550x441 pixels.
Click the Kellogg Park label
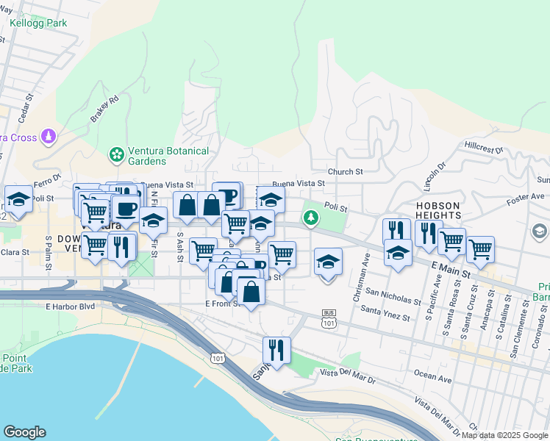(x=38, y=23)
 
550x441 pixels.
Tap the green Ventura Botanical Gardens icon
(x=115, y=155)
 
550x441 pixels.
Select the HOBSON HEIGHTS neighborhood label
(x=438, y=210)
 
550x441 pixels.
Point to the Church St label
(x=346, y=172)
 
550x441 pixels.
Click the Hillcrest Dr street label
(x=482, y=148)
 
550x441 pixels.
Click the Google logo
(x=24, y=432)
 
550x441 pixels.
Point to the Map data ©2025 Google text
(x=504, y=435)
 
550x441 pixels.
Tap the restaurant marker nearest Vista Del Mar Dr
(x=277, y=350)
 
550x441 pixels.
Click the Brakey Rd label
(x=106, y=108)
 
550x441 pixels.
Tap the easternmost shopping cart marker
(x=480, y=249)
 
